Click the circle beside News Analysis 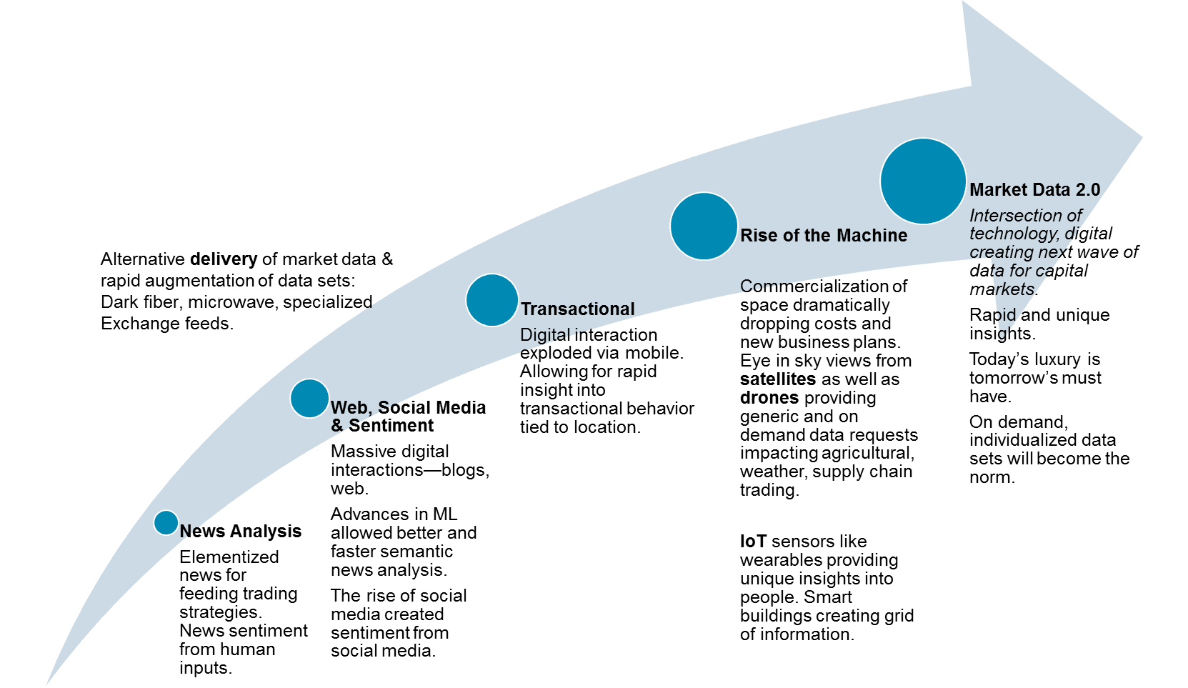tap(166, 523)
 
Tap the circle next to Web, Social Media tap(309, 398)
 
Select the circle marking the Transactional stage tap(492, 300)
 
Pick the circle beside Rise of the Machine tap(704, 226)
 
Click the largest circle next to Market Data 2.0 tap(923, 181)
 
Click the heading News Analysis tap(241, 532)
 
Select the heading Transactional tap(577, 309)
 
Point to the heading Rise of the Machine tap(824, 235)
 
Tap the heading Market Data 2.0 tap(1034, 190)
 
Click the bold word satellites tap(778, 379)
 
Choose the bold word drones tap(769, 398)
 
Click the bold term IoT tap(753, 542)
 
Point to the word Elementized tap(229, 557)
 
